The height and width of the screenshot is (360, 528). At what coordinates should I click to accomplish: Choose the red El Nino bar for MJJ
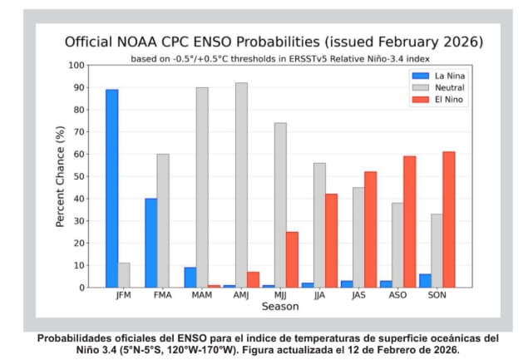coord(292,259)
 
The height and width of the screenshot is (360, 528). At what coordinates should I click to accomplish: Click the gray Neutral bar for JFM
coord(125,275)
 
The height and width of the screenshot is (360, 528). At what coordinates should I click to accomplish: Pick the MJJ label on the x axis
coord(279,295)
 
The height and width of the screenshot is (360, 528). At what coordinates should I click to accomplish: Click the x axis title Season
coord(279,307)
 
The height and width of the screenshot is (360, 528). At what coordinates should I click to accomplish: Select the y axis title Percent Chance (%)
coord(62,176)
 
